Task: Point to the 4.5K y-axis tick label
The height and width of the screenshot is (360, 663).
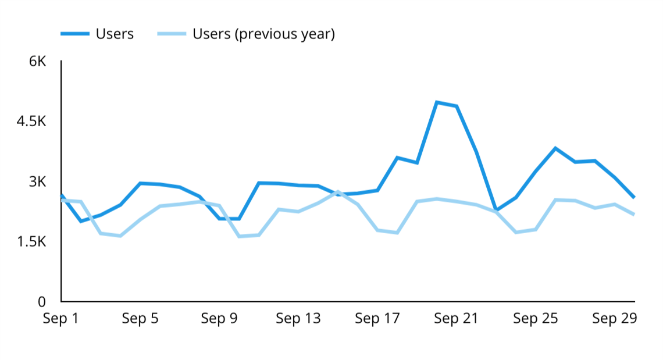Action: click(x=31, y=122)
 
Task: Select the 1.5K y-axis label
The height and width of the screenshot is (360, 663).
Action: click(x=31, y=241)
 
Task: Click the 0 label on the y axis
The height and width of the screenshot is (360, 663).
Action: click(x=41, y=302)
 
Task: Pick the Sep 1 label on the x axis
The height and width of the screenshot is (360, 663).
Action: click(x=60, y=319)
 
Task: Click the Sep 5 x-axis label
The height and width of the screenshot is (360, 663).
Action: click(x=140, y=319)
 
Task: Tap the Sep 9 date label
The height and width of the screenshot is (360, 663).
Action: click(x=219, y=319)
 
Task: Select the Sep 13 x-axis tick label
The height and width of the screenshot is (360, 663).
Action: click(x=298, y=319)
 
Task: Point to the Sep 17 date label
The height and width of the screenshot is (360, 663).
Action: click(x=377, y=319)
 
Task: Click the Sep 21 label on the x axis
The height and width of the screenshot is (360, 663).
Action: click(x=456, y=319)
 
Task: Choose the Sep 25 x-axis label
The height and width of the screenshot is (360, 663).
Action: click(x=535, y=319)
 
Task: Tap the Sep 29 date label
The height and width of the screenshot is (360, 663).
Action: click(x=614, y=319)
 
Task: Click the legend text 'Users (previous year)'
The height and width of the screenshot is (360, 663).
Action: click(x=263, y=34)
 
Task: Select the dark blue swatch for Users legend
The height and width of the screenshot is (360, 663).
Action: click(x=74, y=34)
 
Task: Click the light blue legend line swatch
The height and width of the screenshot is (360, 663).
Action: click(x=172, y=34)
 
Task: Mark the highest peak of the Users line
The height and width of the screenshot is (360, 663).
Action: click(x=436, y=102)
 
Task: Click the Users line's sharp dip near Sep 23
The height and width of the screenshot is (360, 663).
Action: click(x=496, y=209)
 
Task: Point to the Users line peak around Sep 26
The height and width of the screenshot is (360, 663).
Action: click(x=555, y=148)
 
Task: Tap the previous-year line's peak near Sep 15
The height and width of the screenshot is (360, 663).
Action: click(x=337, y=191)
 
